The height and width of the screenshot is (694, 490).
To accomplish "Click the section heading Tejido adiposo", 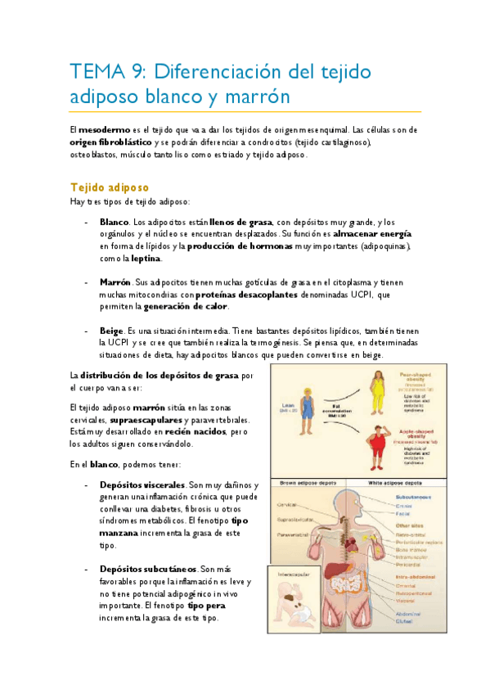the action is point(109,187).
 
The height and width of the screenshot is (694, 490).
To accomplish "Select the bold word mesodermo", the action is point(104,129).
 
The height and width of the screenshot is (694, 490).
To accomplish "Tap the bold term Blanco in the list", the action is point(114,222).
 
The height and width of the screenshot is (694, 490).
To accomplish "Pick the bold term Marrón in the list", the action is point(115,282).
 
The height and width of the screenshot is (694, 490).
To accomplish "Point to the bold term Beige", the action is point(111,331).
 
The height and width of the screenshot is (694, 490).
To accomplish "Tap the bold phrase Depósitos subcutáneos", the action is point(147,570).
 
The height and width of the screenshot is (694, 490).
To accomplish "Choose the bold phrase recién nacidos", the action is point(196,431).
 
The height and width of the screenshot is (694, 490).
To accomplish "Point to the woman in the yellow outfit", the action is point(380,394).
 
